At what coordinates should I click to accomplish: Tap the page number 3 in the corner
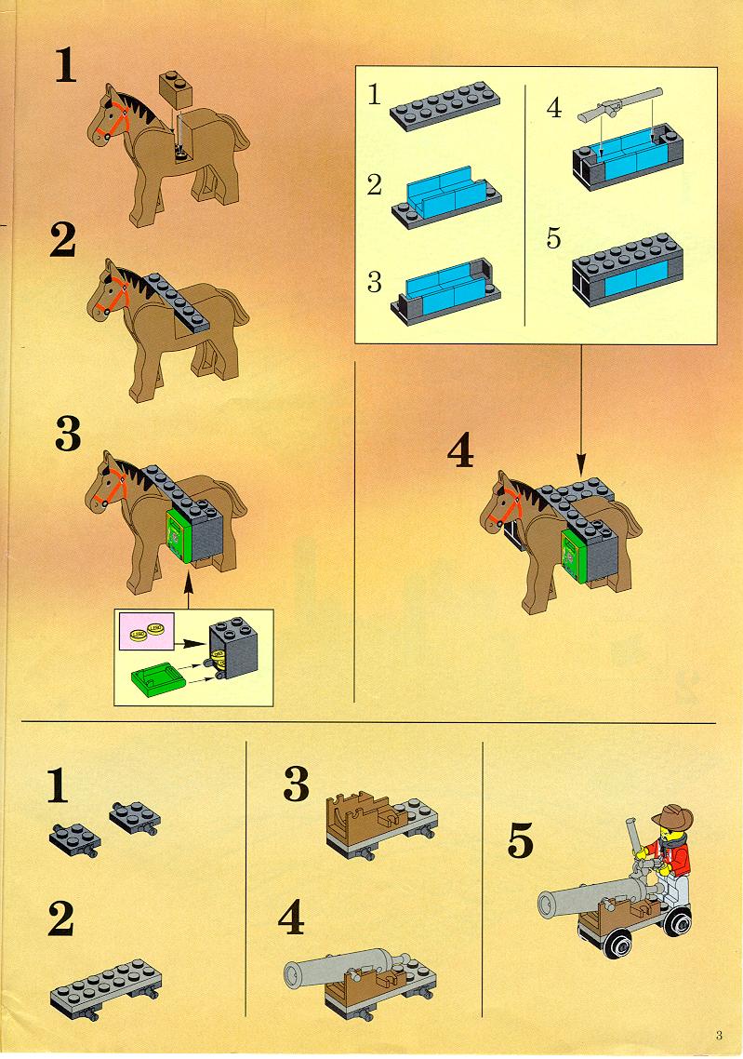click(x=720, y=1035)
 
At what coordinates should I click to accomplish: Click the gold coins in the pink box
click(x=146, y=633)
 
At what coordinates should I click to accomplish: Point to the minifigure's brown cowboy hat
click(x=672, y=817)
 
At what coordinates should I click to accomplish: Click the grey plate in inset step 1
click(x=444, y=105)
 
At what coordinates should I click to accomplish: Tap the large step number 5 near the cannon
click(x=521, y=840)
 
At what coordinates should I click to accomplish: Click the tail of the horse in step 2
click(x=236, y=305)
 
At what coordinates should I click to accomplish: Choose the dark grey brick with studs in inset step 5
click(x=628, y=270)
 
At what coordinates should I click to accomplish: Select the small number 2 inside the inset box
click(x=375, y=184)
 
